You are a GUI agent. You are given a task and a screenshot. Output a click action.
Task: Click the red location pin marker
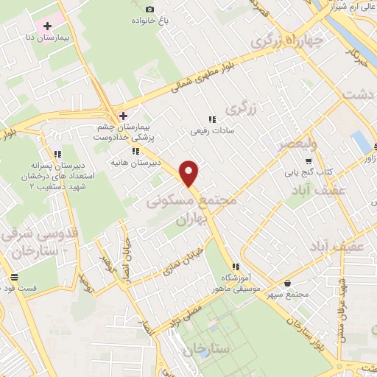point(190,173)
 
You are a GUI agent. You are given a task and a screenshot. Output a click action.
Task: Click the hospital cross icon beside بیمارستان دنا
point(49,27)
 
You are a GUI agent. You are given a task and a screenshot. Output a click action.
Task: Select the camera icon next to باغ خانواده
point(150,9)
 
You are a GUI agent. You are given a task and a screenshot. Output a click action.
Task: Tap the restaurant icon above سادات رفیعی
point(211,119)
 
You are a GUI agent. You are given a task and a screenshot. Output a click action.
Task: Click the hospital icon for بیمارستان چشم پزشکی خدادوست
point(124,116)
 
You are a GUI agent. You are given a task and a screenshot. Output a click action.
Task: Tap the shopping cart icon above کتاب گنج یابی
point(309,161)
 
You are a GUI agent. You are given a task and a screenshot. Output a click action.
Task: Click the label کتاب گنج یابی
point(309,172)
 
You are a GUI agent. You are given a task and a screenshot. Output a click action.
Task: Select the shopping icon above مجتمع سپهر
point(286,282)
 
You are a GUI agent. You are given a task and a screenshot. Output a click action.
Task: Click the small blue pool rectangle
point(361,141)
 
